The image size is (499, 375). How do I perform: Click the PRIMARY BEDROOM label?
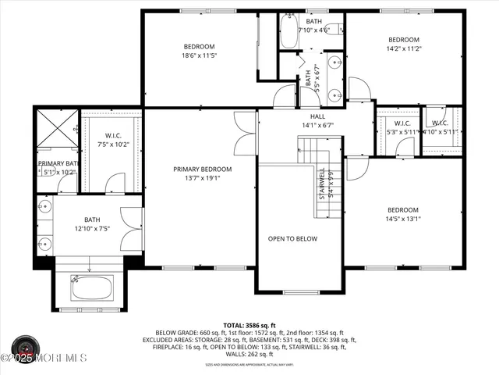202,169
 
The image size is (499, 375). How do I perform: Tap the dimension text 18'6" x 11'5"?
199,55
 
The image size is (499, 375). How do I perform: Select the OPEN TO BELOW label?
292,238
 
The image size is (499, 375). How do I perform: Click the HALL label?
317,115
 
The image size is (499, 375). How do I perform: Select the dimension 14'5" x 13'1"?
404,219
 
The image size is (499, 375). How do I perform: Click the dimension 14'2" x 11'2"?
404,48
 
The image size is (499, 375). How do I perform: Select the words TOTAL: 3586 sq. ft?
249,324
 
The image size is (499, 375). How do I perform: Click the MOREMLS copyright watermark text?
44,359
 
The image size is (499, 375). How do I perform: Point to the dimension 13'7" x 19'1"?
202,177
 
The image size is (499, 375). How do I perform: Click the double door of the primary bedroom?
246,132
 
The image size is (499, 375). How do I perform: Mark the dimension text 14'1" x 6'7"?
317,124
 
